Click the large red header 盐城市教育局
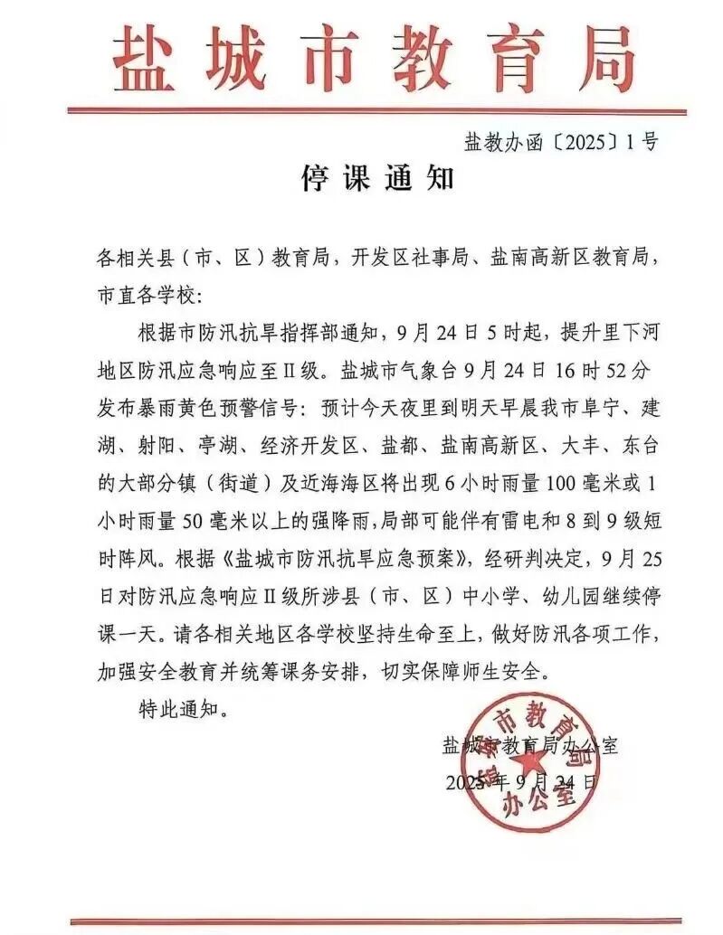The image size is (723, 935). [x=362, y=56]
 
